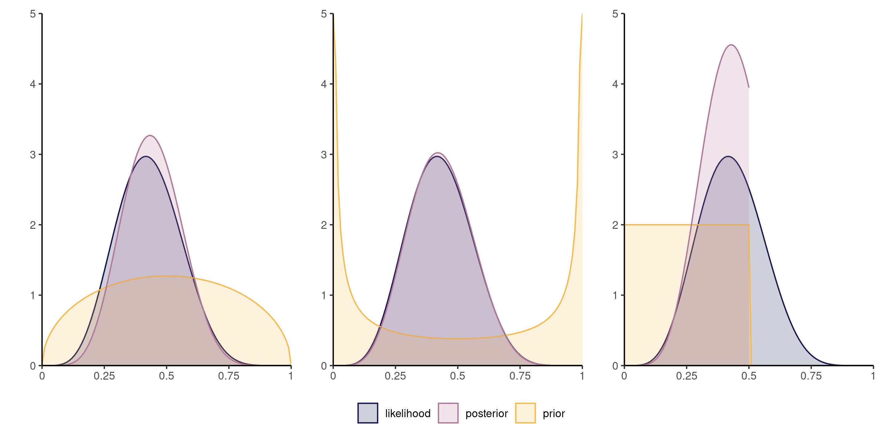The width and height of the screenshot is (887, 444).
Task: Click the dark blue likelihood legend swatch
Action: click(x=367, y=413)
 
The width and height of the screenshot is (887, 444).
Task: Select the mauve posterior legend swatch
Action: click(x=448, y=413)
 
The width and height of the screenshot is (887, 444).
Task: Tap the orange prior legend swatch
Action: click(x=525, y=413)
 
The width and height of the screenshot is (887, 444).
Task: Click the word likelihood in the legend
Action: click(x=408, y=413)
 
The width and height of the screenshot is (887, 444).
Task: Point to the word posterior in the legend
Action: click(x=486, y=413)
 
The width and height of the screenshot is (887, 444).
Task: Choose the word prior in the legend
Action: click(x=553, y=413)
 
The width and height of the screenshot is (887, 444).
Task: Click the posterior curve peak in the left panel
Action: click(x=150, y=135)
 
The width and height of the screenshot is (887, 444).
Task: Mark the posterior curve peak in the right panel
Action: click(x=731, y=45)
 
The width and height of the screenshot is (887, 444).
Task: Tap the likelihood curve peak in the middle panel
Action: click(x=437, y=157)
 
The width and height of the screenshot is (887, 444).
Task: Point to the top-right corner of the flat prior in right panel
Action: click(x=749, y=225)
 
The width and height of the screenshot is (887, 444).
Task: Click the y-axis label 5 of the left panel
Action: click(x=33, y=14)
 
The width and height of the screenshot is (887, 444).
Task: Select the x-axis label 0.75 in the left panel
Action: click(x=229, y=376)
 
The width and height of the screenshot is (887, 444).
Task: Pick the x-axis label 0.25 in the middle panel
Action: click(x=395, y=376)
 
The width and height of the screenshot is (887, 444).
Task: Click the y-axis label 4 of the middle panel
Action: click(x=324, y=84)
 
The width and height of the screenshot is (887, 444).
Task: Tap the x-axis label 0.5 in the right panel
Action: click(x=749, y=376)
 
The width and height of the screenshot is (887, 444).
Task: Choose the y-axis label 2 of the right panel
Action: click(x=615, y=225)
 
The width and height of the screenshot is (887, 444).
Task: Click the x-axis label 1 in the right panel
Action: click(x=873, y=376)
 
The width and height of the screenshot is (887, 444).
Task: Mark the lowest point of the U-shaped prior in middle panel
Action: click(x=457, y=339)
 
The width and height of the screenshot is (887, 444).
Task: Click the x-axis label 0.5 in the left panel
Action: click(x=166, y=376)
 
